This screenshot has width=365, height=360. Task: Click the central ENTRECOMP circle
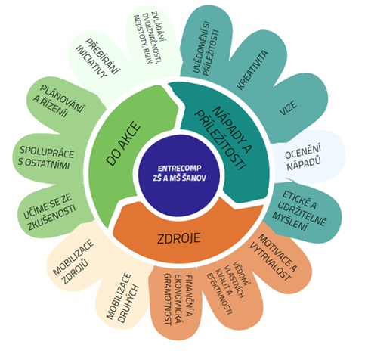click(x=179, y=173)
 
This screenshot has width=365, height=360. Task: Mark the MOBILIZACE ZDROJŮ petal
click(x=76, y=262)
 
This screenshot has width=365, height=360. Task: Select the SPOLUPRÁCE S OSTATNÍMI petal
click(x=48, y=158)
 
